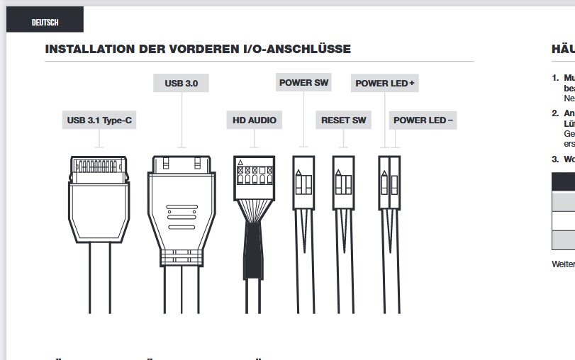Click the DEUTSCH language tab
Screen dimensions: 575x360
45,22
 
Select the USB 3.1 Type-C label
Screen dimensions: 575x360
99,120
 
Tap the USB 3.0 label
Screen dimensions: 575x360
182,84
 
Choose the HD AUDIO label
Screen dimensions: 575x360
255,120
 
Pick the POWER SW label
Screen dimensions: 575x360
304,83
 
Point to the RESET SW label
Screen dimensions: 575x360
343,120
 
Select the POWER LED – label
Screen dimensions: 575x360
423,120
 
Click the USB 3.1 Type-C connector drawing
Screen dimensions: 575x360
99,198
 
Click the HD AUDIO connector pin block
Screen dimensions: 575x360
254,177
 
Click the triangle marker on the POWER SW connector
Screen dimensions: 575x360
299,171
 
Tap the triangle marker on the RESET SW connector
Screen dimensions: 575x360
339,171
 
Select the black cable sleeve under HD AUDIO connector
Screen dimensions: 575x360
254,244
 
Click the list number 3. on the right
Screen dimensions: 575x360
554,159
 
